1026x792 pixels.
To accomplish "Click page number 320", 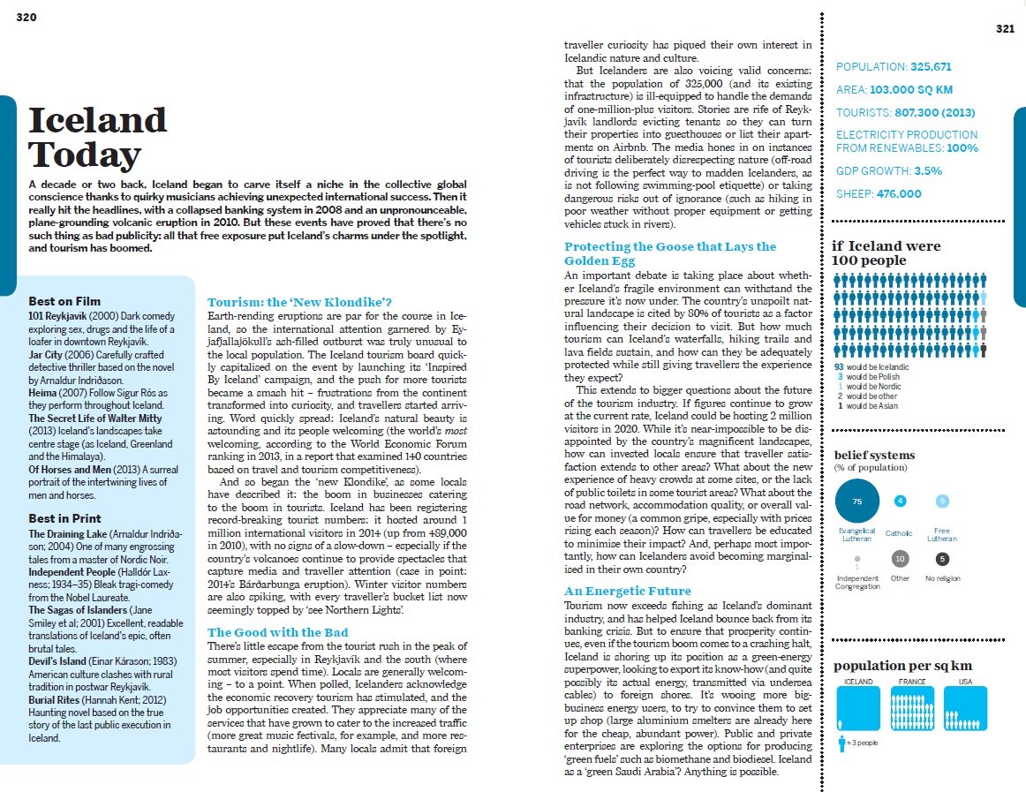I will pyautogui.click(x=26, y=18).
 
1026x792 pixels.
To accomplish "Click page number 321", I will pyautogui.click(x=1005, y=29).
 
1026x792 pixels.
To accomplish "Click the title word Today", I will pyautogui.click(x=85, y=155).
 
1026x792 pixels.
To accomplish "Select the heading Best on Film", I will pyautogui.click(x=64, y=301).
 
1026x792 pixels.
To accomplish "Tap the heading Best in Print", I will pyautogui.click(x=64, y=518).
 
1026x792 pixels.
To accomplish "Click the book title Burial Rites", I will pyautogui.click(x=56, y=699).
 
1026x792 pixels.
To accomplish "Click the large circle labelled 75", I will pyautogui.click(x=856, y=502).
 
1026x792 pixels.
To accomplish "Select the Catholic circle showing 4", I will pyautogui.click(x=900, y=502).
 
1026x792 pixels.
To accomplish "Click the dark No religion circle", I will pyautogui.click(x=942, y=559).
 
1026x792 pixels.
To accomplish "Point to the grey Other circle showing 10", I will pyautogui.click(x=900, y=559).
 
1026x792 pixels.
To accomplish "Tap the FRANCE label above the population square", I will pyautogui.click(x=912, y=682).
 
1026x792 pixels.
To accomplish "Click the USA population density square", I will pyautogui.click(x=965, y=708).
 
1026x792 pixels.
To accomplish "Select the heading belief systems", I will pyautogui.click(x=874, y=455).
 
